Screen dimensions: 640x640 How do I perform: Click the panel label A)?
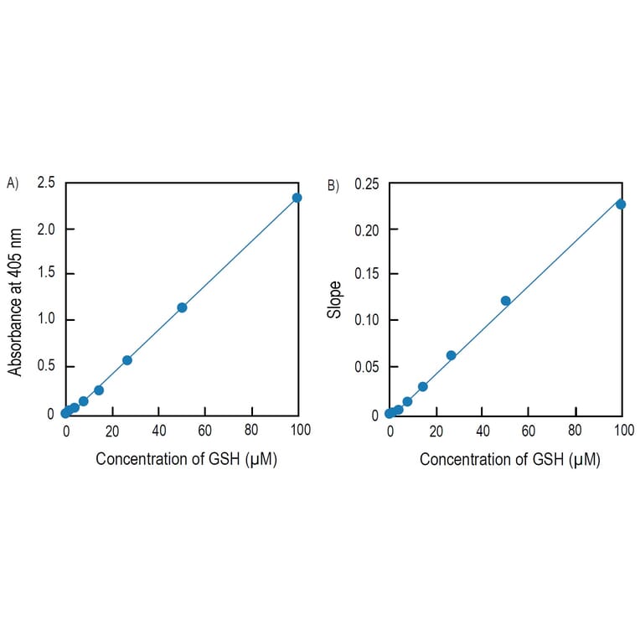coord(12,183)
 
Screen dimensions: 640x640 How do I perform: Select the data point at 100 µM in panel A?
coord(297,198)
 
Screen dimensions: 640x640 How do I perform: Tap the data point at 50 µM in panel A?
coord(182,307)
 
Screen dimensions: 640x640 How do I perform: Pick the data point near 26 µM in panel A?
coord(127,360)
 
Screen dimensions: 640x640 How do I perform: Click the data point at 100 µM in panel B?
coord(621,204)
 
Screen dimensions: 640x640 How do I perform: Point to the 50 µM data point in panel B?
coord(506,301)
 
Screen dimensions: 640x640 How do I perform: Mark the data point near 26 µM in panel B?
coord(451,355)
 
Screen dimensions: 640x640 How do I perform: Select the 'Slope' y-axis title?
coord(335,299)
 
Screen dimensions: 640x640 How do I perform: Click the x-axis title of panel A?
coord(186,459)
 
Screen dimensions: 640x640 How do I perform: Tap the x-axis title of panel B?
coord(509,459)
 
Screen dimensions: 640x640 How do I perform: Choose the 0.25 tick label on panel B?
coord(365,184)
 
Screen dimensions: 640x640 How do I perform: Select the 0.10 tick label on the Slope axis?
coord(365,320)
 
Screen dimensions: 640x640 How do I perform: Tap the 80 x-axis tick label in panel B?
coord(575,431)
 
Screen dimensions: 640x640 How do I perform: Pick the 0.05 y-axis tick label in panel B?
coord(365,366)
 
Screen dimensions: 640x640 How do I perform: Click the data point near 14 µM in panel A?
coord(99,390)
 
